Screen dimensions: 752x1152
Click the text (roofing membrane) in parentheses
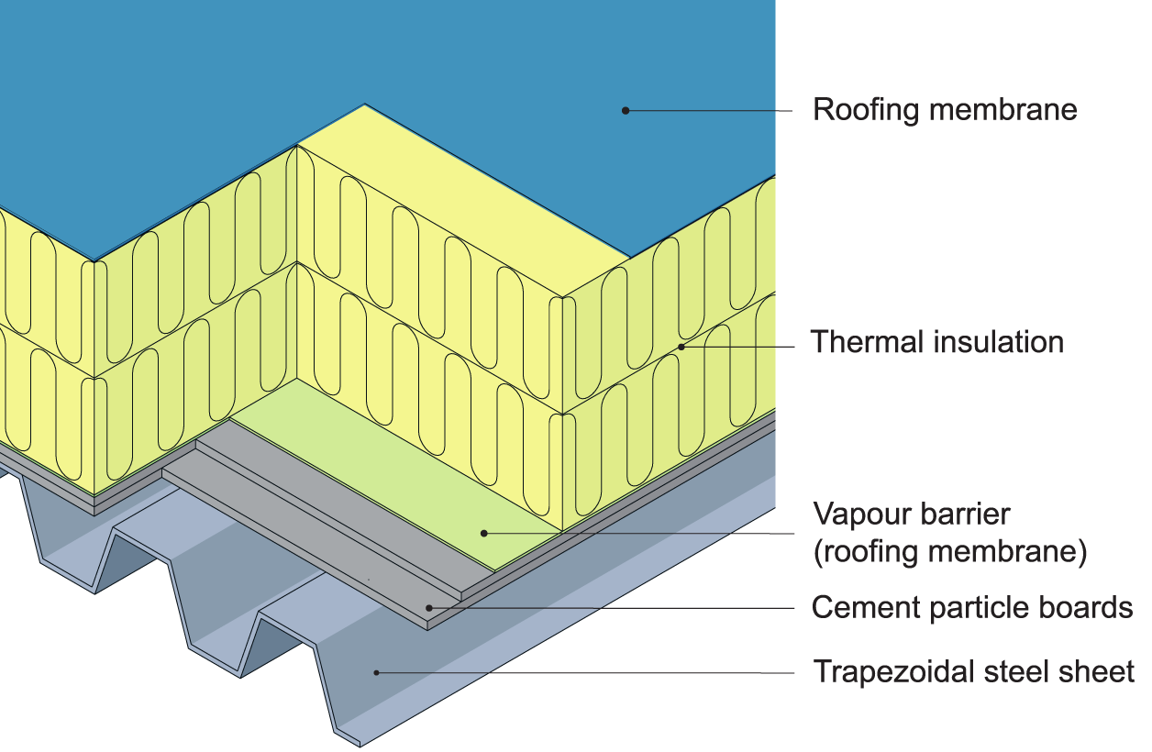(x=950, y=553)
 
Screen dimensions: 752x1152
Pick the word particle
(x=970, y=607)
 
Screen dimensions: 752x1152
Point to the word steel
(x=1015, y=672)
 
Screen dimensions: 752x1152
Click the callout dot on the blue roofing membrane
(x=626, y=110)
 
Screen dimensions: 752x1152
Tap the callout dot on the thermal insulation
(x=681, y=347)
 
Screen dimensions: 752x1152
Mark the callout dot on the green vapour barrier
(x=483, y=532)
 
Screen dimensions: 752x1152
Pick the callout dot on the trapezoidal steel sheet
(x=376, y=672)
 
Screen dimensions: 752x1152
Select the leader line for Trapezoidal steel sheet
(x=587, y=672)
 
